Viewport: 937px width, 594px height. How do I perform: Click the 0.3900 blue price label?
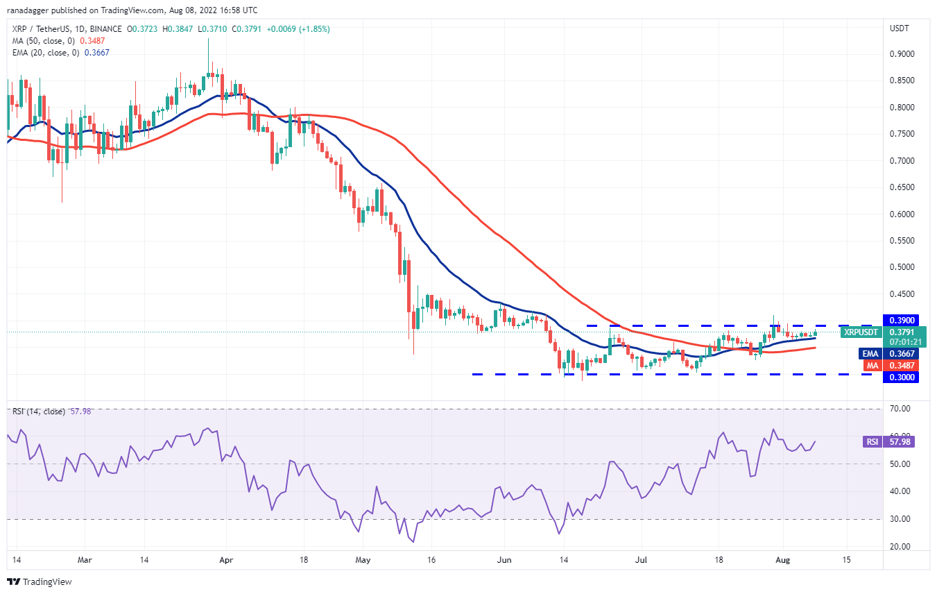900,321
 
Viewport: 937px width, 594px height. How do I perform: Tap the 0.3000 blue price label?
900,377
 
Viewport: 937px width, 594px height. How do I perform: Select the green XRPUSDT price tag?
861,332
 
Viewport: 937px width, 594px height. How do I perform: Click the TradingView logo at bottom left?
40,582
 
